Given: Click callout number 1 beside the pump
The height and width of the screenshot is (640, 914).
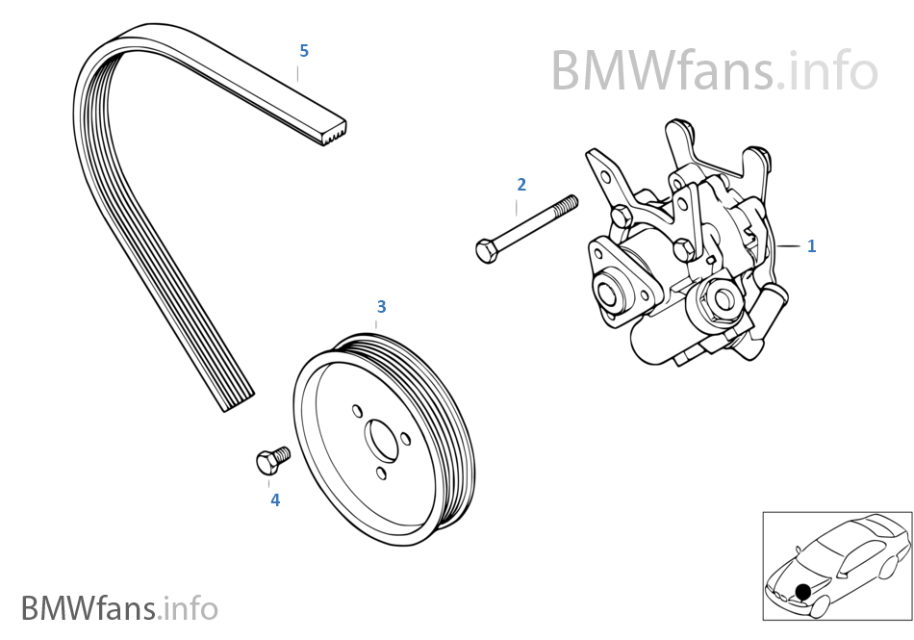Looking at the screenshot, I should click(x=811, y=246).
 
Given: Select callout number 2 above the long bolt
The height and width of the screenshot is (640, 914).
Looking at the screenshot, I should click(x=521, y=184).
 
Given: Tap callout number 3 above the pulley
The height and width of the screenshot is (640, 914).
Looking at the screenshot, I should click(x=381, y=306).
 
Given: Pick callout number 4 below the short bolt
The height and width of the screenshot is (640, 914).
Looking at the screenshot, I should click(x=275, y=500).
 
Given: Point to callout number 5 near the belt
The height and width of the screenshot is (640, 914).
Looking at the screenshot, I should click(x=304, y=50).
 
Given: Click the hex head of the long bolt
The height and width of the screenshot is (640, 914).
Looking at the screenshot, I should click(x=487, y=251).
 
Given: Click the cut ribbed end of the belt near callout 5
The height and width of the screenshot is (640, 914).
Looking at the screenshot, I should click(x=333, y=132).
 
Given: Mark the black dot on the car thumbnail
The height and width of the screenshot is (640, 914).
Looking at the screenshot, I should click(x=802, y=591).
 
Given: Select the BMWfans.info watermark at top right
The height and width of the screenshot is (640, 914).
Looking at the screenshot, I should click(x=714, y=69).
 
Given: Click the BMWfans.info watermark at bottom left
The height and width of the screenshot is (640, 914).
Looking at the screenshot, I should click(x=119, y=608).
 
